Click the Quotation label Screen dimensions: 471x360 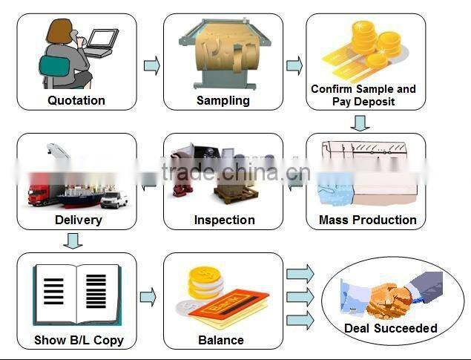click(x=76, y=100)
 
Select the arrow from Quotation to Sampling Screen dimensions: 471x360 click(x=152, y=65)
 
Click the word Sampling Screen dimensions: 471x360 click(x=223, y=101)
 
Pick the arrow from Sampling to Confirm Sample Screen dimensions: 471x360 click(x=294, y=65)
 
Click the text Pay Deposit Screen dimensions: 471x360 click(x=363, y=102)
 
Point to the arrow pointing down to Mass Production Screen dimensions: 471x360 click(x=360, y=123)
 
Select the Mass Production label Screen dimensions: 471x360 click(x=368, y=220)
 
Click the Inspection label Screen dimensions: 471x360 click(x=225, y=220)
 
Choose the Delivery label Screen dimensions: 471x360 click(x=79, y=220)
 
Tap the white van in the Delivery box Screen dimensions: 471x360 click(x=114, y=199)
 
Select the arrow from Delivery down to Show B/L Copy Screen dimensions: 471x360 click(x=73, y=241)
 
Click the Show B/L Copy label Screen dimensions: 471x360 click(x=79, y=340)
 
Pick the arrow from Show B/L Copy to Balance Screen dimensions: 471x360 click(x=148, y=297)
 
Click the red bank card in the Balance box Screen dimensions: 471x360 click(x=229, y=306)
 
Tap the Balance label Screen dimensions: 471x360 click(x=221, y=340)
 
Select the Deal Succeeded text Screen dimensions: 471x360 click(x=390, y=328)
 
